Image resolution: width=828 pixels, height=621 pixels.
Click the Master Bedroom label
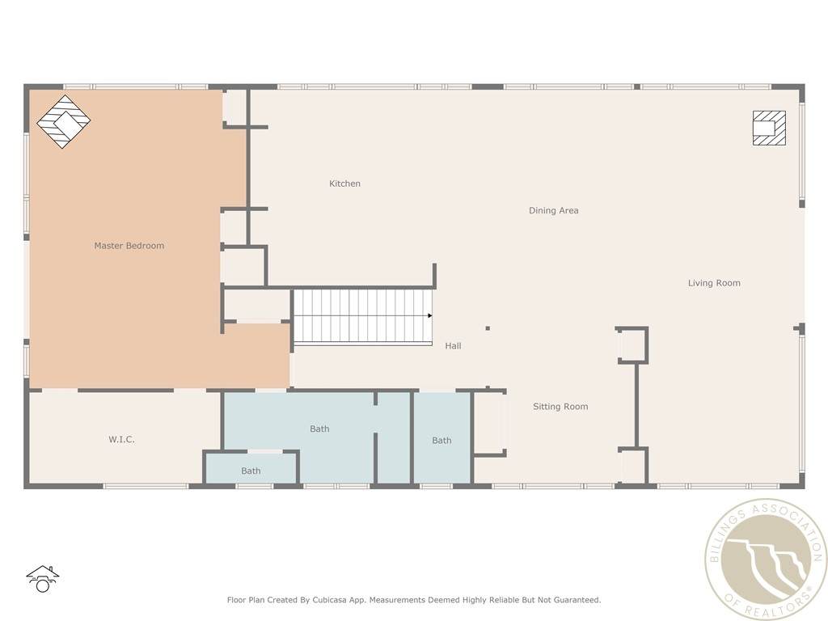click(129, 246)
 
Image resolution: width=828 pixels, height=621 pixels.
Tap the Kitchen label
click(344, 184)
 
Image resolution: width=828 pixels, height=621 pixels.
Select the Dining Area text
click(553, 210)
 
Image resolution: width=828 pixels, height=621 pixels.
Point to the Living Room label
click(714, 283)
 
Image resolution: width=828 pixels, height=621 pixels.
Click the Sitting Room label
click(560, 407)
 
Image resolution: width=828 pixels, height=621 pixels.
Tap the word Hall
click(453, 346)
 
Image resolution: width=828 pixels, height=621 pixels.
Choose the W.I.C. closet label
click(121, 439)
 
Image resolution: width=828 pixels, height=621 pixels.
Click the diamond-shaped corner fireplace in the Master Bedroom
click(63, 121)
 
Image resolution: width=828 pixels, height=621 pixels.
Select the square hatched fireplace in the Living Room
click(769, 128)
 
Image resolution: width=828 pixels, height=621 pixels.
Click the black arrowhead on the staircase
click(430, 316)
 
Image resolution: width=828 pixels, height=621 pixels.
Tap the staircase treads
click(363, 317)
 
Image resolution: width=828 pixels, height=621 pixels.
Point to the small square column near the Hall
click(488, 328)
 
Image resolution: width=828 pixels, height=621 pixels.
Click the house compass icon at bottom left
click(42, 579)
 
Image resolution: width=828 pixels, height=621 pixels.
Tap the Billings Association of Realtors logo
click(766, 560)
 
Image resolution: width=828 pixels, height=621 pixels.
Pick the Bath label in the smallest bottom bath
click(251, 471)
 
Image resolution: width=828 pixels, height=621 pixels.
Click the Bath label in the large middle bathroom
click(319, 429)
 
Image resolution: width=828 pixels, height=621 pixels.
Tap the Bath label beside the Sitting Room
click(441, 441)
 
